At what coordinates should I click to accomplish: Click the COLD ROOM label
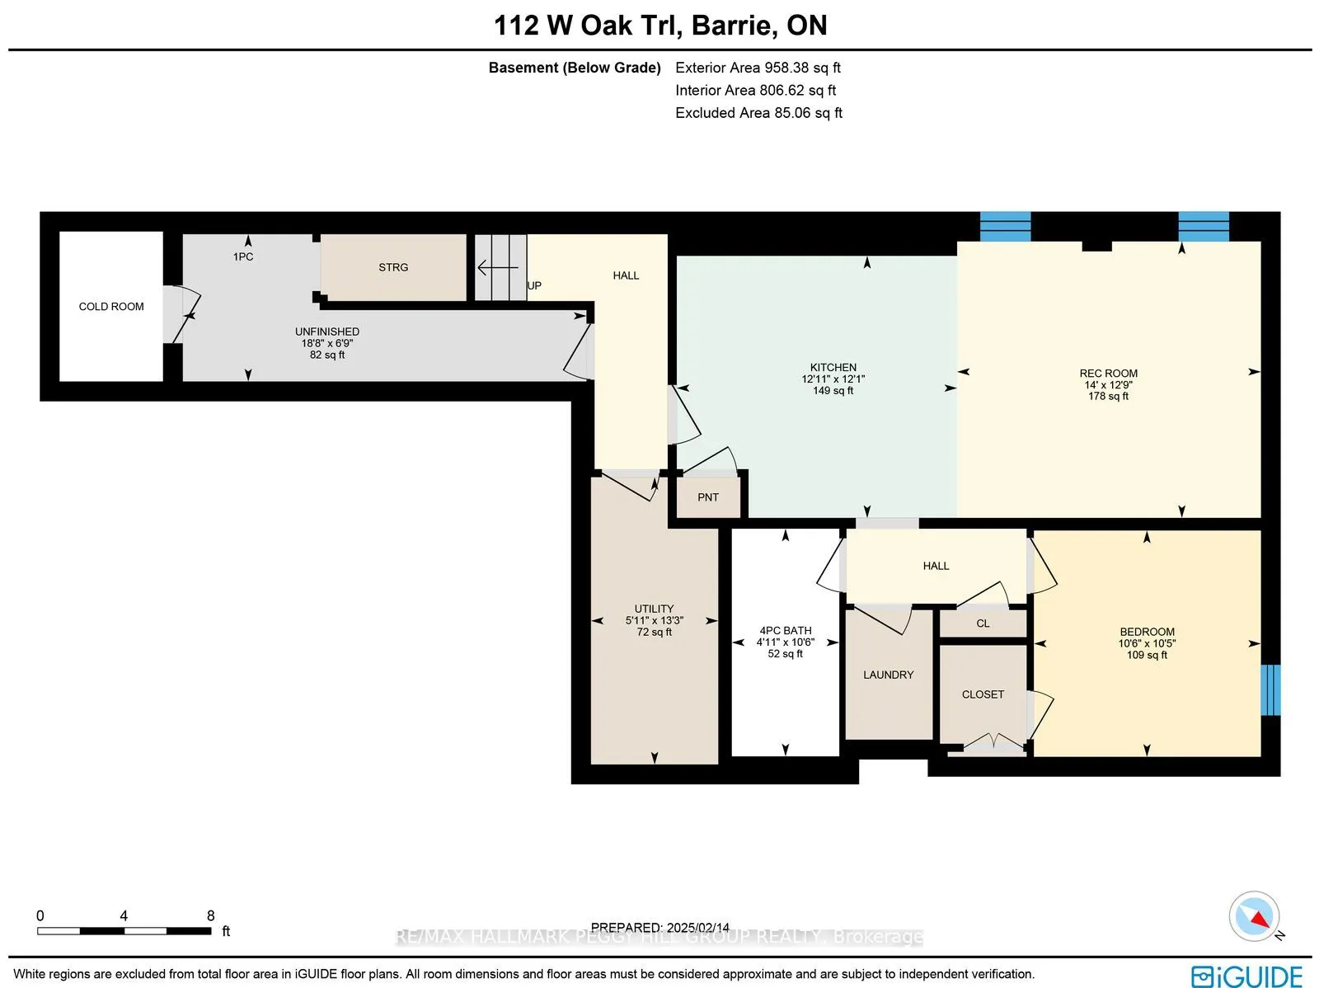pos(111,307)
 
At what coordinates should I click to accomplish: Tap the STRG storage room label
pos(393,267)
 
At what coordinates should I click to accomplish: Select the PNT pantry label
pos(707,497)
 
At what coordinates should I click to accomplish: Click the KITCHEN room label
pos(833,368)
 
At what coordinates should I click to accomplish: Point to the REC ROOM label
pos(1108,374)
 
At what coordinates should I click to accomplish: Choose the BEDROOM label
pos(1147,632)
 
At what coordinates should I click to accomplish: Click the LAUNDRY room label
pos(888,675)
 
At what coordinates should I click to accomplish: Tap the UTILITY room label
pos(654,609)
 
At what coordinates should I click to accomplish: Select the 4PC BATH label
pos(785,631)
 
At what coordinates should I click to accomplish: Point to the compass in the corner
pos(1254,917)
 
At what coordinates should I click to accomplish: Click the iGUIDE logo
pos(1246,976)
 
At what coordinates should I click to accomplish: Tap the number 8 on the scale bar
pos(210,915)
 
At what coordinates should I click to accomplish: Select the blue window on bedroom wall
pos(1270,689)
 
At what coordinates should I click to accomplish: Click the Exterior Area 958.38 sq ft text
pos(758,68)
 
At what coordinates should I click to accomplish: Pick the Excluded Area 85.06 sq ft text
pos(758,113)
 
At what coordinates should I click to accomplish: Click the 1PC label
pos(243,256)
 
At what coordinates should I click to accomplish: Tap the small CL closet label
pos(983,623)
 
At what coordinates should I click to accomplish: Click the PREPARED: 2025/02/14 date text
pos(659,928)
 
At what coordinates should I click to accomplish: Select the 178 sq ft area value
pos(1108,397)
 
